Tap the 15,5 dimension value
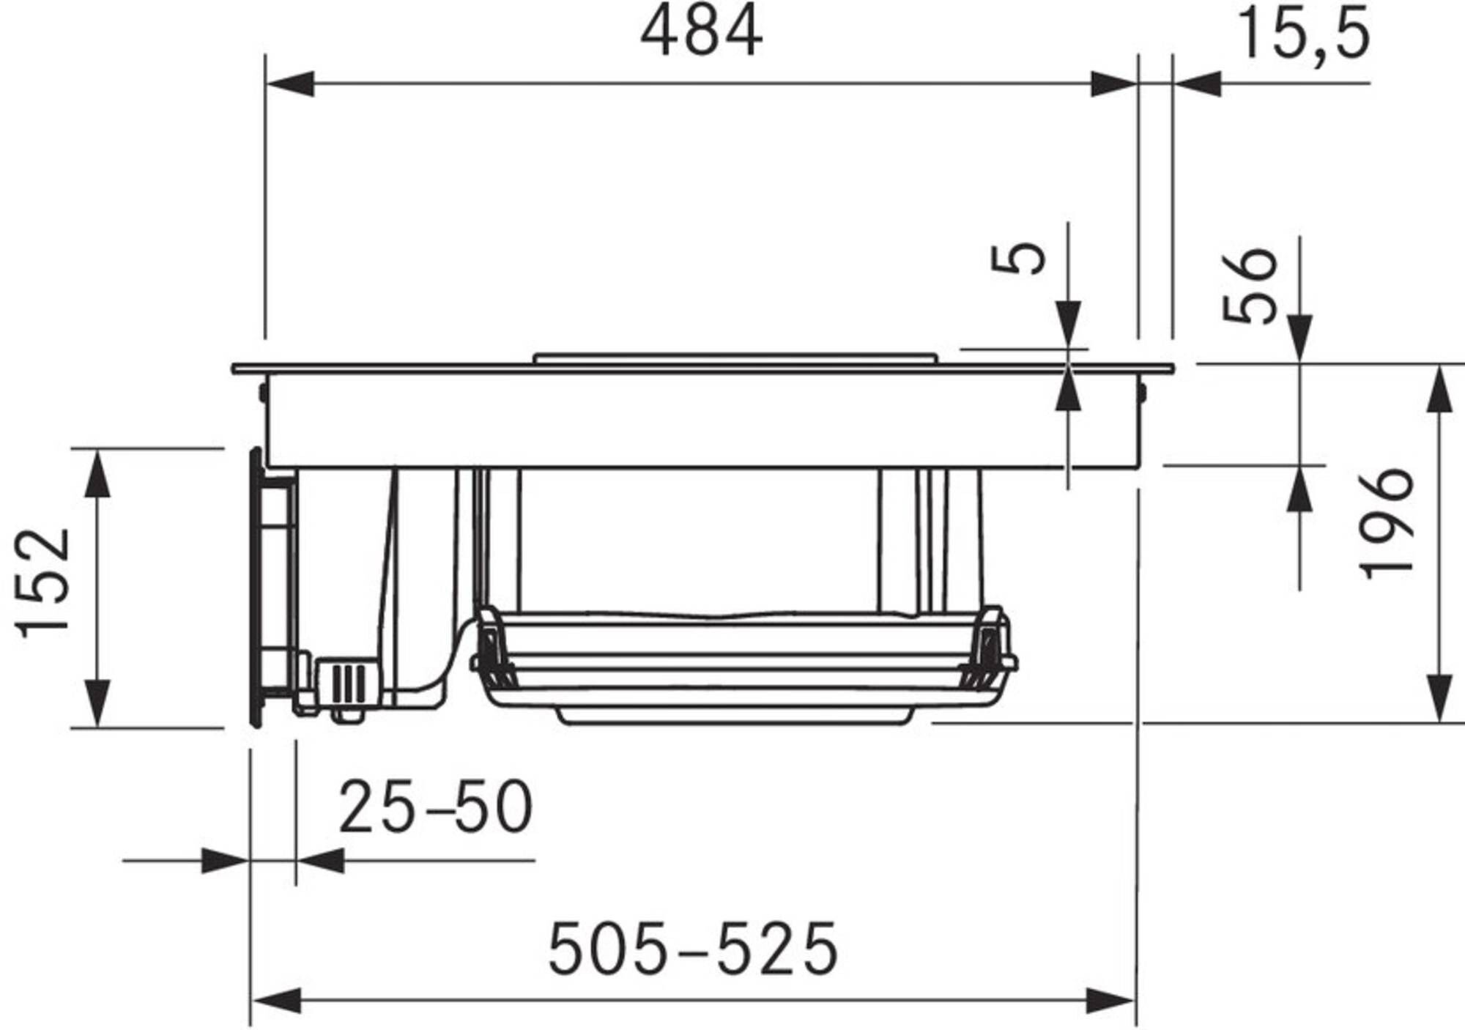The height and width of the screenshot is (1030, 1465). [x=1302, y=35]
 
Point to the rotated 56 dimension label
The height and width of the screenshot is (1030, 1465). [x=1250, y=286]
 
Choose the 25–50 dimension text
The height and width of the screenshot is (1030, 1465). [x=435, y=807]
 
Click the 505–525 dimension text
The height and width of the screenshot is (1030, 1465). [x=692, y=949]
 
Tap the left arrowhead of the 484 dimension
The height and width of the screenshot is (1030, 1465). [x=289, y=84]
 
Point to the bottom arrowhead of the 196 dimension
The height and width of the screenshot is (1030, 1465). [x=1440, y=697]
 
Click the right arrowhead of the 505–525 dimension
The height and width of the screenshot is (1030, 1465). [x=1111, y=1000]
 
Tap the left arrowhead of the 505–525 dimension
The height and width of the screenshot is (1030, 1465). [x=276, y=1000]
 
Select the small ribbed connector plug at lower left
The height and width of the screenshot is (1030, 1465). [x=346, y=681]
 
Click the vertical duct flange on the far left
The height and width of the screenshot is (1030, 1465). [x=256, y=586]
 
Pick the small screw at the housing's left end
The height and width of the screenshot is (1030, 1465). [x=262, y=391]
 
